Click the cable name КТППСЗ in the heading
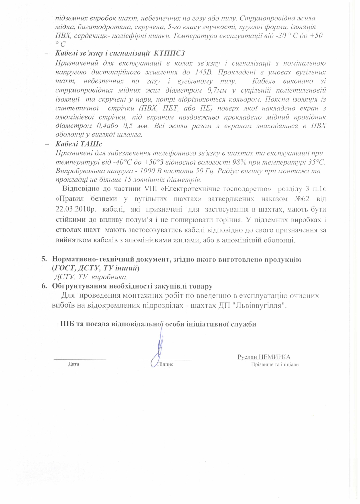point(170,53)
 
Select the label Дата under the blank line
point(74,364)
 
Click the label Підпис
point(165,364)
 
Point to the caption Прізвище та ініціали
point(275,365)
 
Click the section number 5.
point(44,260)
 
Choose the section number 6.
point(44,286)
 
